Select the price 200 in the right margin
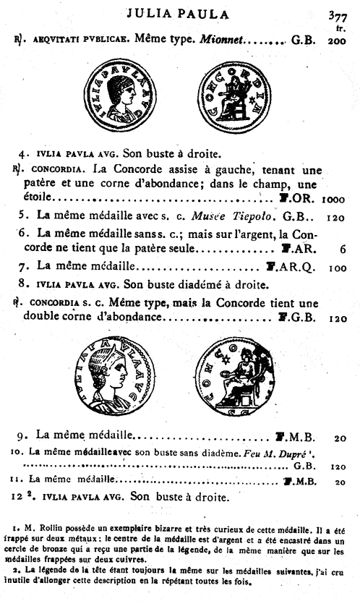click(x=336, y=42)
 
